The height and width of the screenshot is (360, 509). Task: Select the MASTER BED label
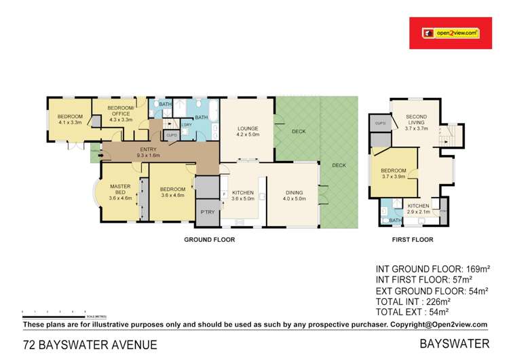119,194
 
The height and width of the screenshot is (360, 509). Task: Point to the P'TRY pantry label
206,212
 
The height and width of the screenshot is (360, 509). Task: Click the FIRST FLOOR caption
413,240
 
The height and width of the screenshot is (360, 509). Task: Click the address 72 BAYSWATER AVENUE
90,345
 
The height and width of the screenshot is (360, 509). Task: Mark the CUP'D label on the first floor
379,123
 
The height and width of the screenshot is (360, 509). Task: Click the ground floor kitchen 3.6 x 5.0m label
242,196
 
